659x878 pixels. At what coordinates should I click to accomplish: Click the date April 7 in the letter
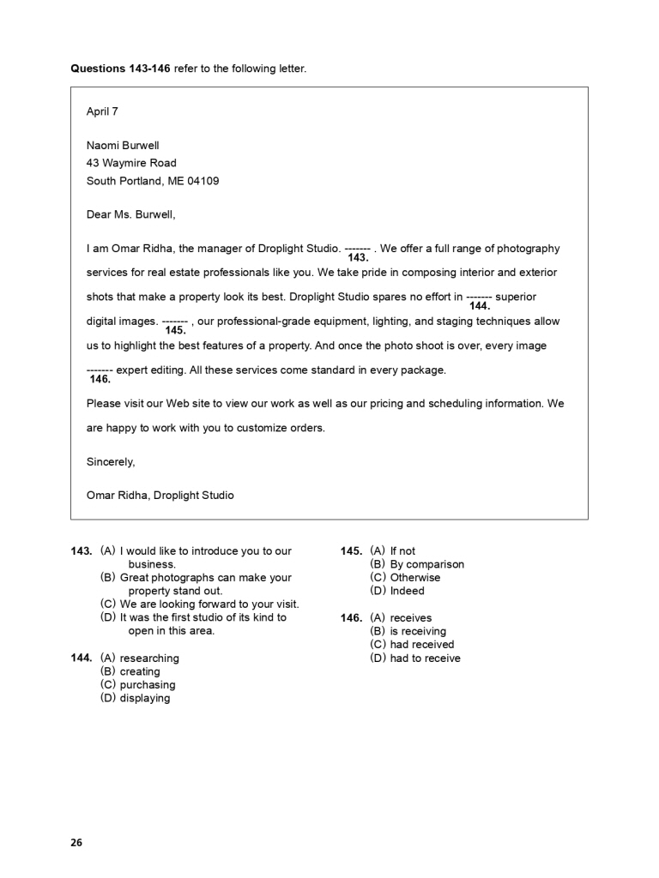click(102, 111)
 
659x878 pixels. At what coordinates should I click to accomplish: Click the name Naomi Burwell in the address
click(123, 146)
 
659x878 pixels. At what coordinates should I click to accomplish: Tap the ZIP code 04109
click(203, 181)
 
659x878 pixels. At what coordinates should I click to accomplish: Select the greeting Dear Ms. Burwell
click(130, 215)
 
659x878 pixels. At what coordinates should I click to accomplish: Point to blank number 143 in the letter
click(358, 256)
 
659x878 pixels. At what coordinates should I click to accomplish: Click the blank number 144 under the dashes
click(480, 305)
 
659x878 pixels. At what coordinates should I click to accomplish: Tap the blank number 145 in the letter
click(175, 329)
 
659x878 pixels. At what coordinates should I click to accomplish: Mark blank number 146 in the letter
click(100, 379)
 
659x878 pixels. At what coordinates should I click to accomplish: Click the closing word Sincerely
click(111, 461)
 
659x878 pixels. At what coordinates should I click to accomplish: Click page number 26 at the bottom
click(76, 843)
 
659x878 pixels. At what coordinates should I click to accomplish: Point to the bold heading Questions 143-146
click(121, 69)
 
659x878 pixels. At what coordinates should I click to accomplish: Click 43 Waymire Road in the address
click(131, 163)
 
